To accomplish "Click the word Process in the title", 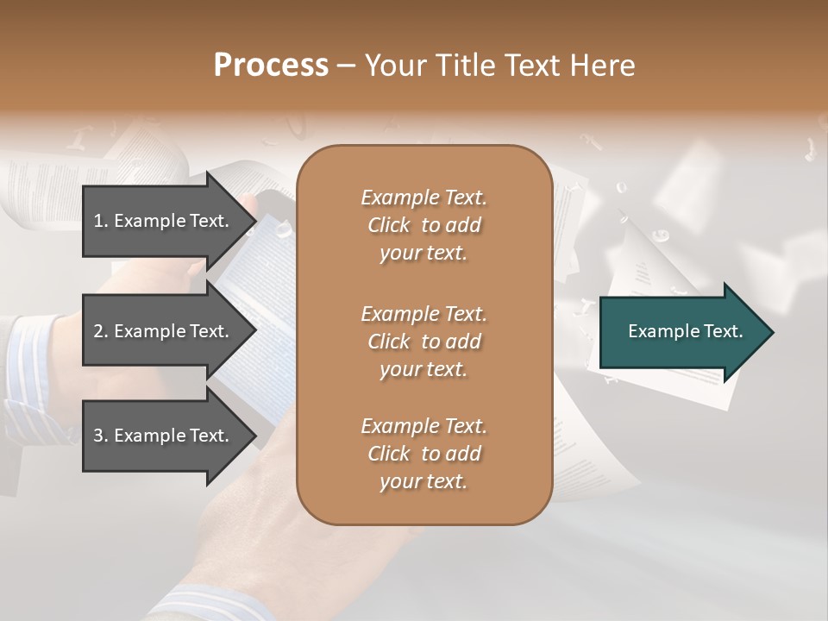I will [271, 66].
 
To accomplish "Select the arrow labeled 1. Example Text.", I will [164, 221].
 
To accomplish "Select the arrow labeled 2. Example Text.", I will [164, 331].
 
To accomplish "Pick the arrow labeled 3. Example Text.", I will [164, 436].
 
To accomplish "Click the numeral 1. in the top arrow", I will [101, 221].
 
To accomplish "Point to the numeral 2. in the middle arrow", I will [101, 331].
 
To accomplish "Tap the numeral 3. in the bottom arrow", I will [101, 436].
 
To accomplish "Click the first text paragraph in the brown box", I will [423, 225].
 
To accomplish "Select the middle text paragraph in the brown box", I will [423, 341].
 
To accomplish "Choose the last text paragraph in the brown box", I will [423, 454].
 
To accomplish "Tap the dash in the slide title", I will [346, 66].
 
